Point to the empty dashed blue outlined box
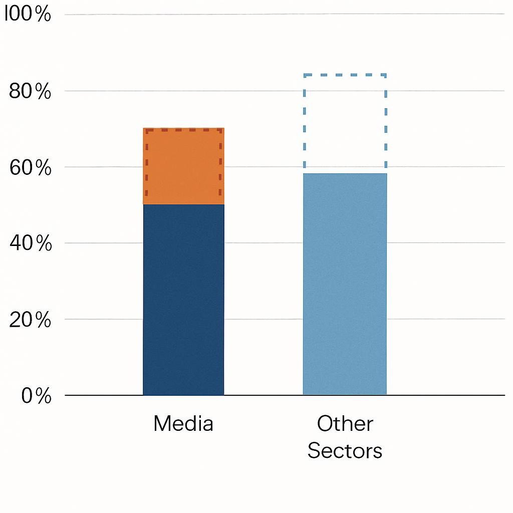[x=345, y=123]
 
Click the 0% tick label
[x=36, y=396]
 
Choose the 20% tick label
[x=30, y=320]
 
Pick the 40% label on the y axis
[x=30, y=244]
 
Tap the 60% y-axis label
[x=30, y=168]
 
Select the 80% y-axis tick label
[x=30, y=92]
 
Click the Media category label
[x=183, y=424]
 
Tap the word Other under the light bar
[x=345, y=424]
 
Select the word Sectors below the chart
[x=345, y=451]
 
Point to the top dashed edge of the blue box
[x=345, y=75]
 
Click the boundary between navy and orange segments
[x=183, y=204]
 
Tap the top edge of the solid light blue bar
[x=345, y=173]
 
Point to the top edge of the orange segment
[x=183, y=128]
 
